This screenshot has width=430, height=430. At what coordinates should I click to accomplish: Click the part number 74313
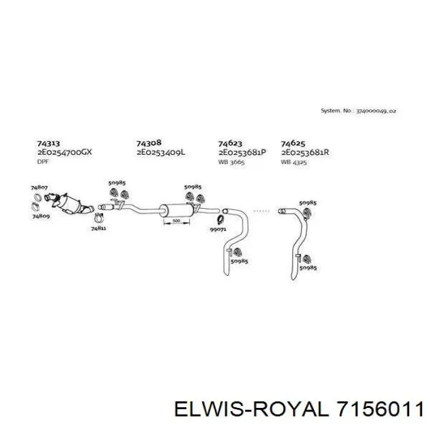pos(49,143)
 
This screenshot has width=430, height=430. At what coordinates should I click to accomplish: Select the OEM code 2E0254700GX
pos(64,152)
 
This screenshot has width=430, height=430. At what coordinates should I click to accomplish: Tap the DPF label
pos(43,162)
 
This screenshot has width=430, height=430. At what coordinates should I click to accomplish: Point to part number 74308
pos(149,143)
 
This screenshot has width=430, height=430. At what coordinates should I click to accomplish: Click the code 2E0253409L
pos(161,152)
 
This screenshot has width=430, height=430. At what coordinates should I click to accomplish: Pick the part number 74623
pos(230,143)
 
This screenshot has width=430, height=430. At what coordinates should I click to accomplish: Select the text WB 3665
pos(231,162)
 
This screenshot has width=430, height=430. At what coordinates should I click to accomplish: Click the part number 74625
pos(293,143)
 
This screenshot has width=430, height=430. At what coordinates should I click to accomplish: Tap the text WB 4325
pos(294,162)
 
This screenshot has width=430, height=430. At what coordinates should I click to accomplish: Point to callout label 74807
pos(39,187)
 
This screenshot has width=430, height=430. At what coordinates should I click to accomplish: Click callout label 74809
pos(41,216)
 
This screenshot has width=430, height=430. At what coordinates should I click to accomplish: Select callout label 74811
pos(99,228)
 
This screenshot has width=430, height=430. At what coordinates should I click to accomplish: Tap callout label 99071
pos(218,229)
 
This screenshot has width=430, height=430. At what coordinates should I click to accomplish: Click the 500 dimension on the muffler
pos(176,221)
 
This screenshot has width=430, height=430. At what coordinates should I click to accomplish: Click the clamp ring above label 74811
pos(99,218)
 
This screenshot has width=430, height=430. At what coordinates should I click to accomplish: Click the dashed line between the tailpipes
pos(262,211)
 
